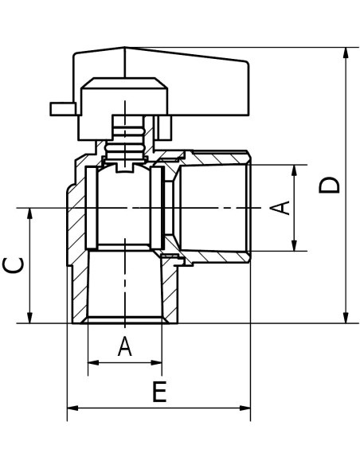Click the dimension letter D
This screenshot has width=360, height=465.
pos(330,184)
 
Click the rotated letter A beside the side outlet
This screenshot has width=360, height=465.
pos(279,208)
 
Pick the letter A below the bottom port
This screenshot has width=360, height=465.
pos(124,346)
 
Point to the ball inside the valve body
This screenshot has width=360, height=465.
pos(125,207)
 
